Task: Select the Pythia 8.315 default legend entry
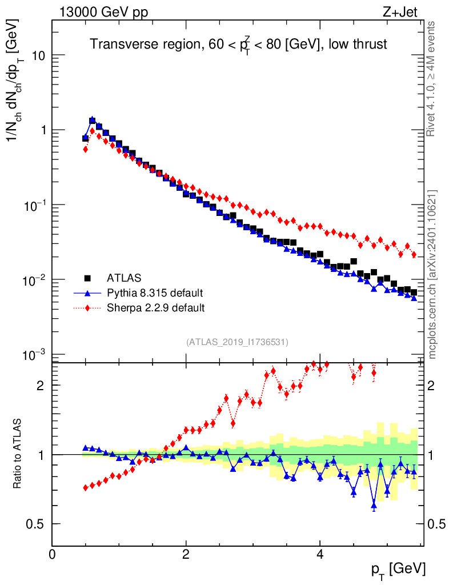(x=154, y=293)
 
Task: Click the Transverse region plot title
(x=239, y=45)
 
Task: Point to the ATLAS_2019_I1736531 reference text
(x=237, y=342)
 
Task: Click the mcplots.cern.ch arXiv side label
(x=432, y=274)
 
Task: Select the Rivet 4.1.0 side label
(x=432, y=79)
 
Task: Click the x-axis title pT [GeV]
(x=399, y=569)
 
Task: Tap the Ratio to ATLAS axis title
(x=18, y=454)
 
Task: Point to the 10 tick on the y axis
(x=37, y=55)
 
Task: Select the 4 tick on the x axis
(x=320, y=554)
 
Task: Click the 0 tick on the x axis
(x=52, y=554)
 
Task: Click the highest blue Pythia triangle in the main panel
(x=93, y=120)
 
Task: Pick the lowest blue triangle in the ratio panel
(x=374, y=505)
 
